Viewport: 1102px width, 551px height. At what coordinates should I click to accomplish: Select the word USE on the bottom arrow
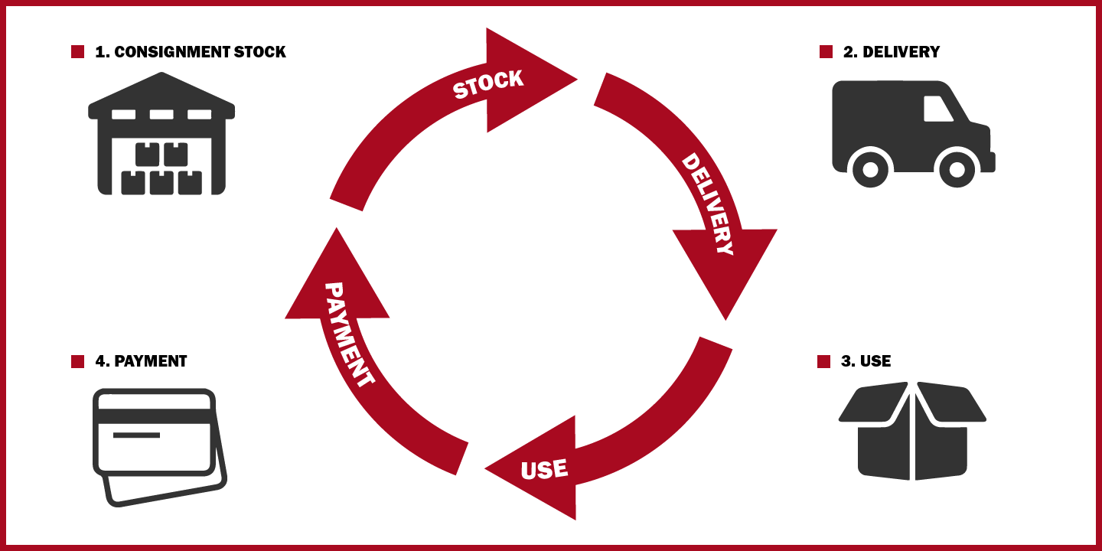pos(544,469)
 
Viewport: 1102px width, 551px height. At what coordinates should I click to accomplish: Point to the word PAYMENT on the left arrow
pos(349,334)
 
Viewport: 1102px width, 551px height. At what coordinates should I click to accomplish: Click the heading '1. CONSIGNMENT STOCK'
pos(190,52)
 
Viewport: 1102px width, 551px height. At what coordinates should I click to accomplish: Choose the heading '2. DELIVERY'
pos(891,52)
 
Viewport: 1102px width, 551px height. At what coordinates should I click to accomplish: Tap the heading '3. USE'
pos(866,361)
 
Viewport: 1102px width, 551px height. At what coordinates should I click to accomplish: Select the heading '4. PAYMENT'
pos(141,361)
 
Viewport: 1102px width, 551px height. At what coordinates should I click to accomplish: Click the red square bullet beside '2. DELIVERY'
pos(826,52)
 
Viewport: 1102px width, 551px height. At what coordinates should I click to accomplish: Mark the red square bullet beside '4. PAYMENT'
pos(77,361)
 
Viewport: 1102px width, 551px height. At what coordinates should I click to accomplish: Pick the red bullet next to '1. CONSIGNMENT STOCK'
pos(77,52)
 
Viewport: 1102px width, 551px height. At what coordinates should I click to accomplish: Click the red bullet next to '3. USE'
pos(823,361)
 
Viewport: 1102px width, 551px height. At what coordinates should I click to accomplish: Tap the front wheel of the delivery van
pos(957,168)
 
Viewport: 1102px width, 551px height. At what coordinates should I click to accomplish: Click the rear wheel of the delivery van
pos(869,168)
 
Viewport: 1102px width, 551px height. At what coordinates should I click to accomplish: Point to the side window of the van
pos(937,109)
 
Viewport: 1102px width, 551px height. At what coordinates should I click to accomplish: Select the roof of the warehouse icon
pos(161,96)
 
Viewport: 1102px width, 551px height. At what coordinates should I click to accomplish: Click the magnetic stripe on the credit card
pos(154,416)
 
